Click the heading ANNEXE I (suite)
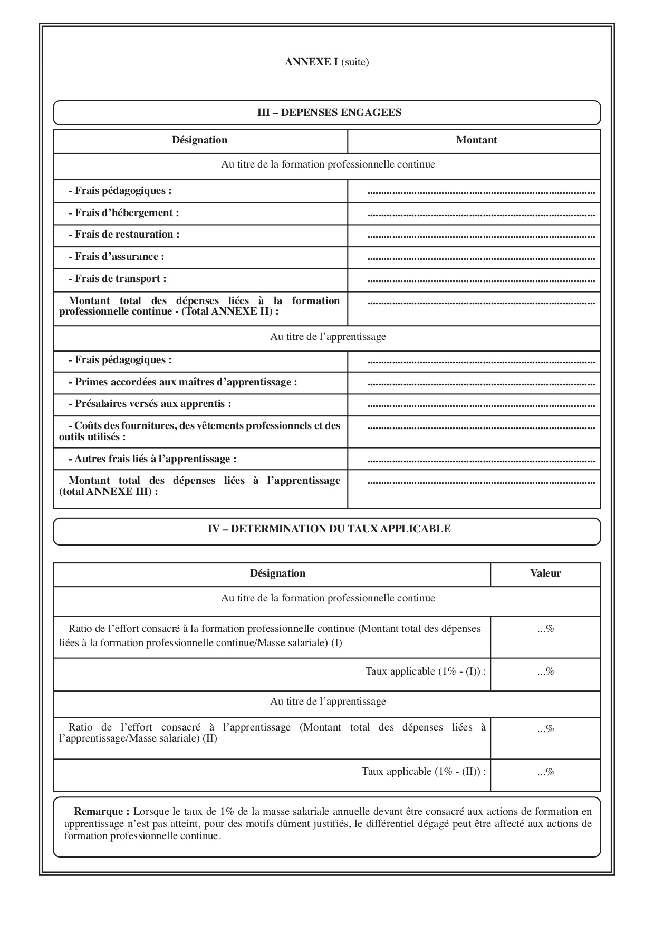(326, 62)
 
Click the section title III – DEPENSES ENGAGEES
(329, 112)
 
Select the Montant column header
(476, 140)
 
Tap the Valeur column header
(545, 573)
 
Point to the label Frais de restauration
(124, 235)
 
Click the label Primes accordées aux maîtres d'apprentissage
(183, 382)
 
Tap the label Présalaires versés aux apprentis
(150, 404)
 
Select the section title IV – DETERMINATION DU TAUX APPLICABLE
(329, 529)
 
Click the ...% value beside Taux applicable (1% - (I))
(546, 671)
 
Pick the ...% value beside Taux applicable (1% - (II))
(546, 772)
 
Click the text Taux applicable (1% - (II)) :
(424, 772)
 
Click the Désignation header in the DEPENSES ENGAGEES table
(199, 140)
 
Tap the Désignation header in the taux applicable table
(277, 573)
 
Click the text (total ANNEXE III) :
(109, 491)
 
